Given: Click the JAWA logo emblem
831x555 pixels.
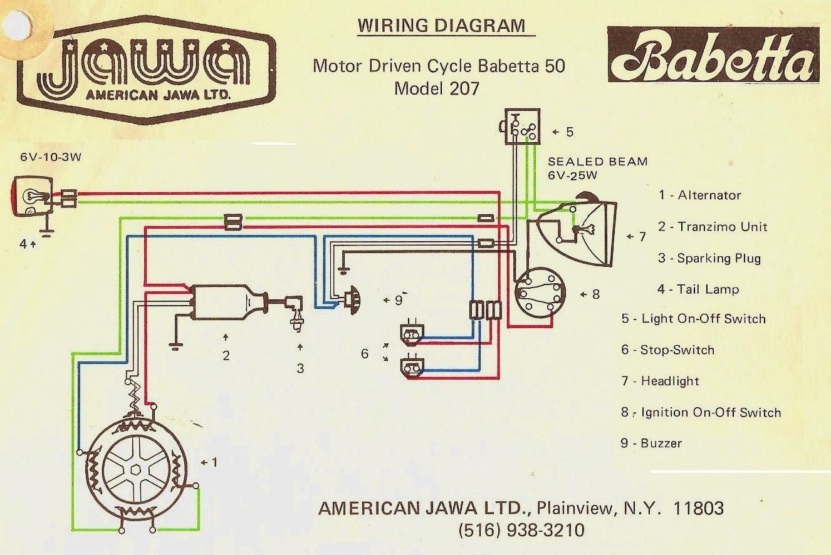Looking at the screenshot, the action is [147, 70].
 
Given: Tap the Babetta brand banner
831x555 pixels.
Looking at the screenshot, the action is [713, 54].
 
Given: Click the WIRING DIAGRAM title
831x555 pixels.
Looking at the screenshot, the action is [441, 26].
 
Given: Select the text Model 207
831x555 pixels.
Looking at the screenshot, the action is [437, 88].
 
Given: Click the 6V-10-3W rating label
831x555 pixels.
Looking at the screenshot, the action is [51, 157].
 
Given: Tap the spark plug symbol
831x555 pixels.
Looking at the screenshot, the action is [296, 313].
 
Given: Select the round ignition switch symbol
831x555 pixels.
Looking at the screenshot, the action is [540, 293].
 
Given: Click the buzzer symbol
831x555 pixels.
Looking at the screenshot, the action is [350, 300].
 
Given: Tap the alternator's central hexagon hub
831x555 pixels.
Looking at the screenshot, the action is [135, 470].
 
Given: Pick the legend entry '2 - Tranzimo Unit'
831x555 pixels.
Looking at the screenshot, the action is [713, 227].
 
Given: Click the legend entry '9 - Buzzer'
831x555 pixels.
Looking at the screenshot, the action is [651, 443].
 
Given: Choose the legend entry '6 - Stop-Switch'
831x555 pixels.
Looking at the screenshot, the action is [668, 350].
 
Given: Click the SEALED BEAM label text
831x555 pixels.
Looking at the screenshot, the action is [598, 162].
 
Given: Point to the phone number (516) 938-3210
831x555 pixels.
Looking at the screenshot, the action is [521, 530].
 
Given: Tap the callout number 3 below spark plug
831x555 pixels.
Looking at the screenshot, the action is [300, 368].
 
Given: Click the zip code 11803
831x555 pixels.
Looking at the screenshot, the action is [698, 508].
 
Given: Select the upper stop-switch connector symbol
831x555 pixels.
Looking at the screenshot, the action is [412, 331].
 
